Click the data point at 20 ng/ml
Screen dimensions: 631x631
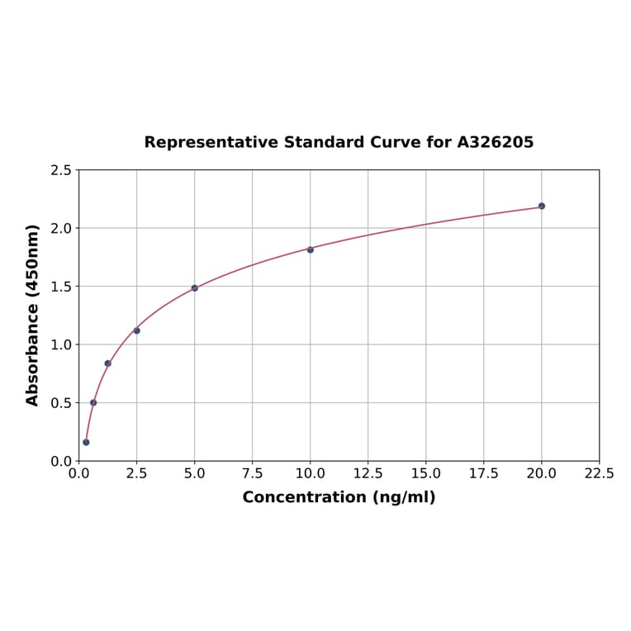point(542,206)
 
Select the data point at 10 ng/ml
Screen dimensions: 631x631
point(311,249)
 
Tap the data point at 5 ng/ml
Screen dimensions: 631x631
point(195,288)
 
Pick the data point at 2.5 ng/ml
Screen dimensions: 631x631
point(137,330)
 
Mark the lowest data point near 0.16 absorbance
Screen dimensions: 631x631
point(86,442)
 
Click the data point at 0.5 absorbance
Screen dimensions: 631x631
point(93,403)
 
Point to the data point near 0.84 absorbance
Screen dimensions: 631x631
point(107,363)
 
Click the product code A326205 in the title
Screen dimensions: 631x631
point(496,142)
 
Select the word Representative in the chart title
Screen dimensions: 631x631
point(211,142)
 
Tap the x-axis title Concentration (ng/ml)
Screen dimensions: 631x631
point(339,497)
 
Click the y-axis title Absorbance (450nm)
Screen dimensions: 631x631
point(33,315)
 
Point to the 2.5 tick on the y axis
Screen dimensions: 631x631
point(61,170)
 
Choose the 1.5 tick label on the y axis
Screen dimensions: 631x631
point(61,287)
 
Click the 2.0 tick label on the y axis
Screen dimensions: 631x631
point(61,228)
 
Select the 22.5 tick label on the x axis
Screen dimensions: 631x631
point(599,474)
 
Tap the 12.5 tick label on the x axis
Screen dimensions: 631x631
point(368,474)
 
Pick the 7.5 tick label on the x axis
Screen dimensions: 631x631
point(252,474)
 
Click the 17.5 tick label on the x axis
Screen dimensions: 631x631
point(483,474)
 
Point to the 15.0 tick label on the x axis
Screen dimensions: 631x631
point(425,474)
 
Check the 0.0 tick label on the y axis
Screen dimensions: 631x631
point(61,461)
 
